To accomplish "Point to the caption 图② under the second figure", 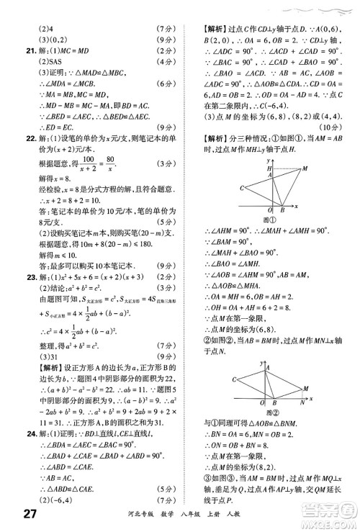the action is click(x=271, y=415).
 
